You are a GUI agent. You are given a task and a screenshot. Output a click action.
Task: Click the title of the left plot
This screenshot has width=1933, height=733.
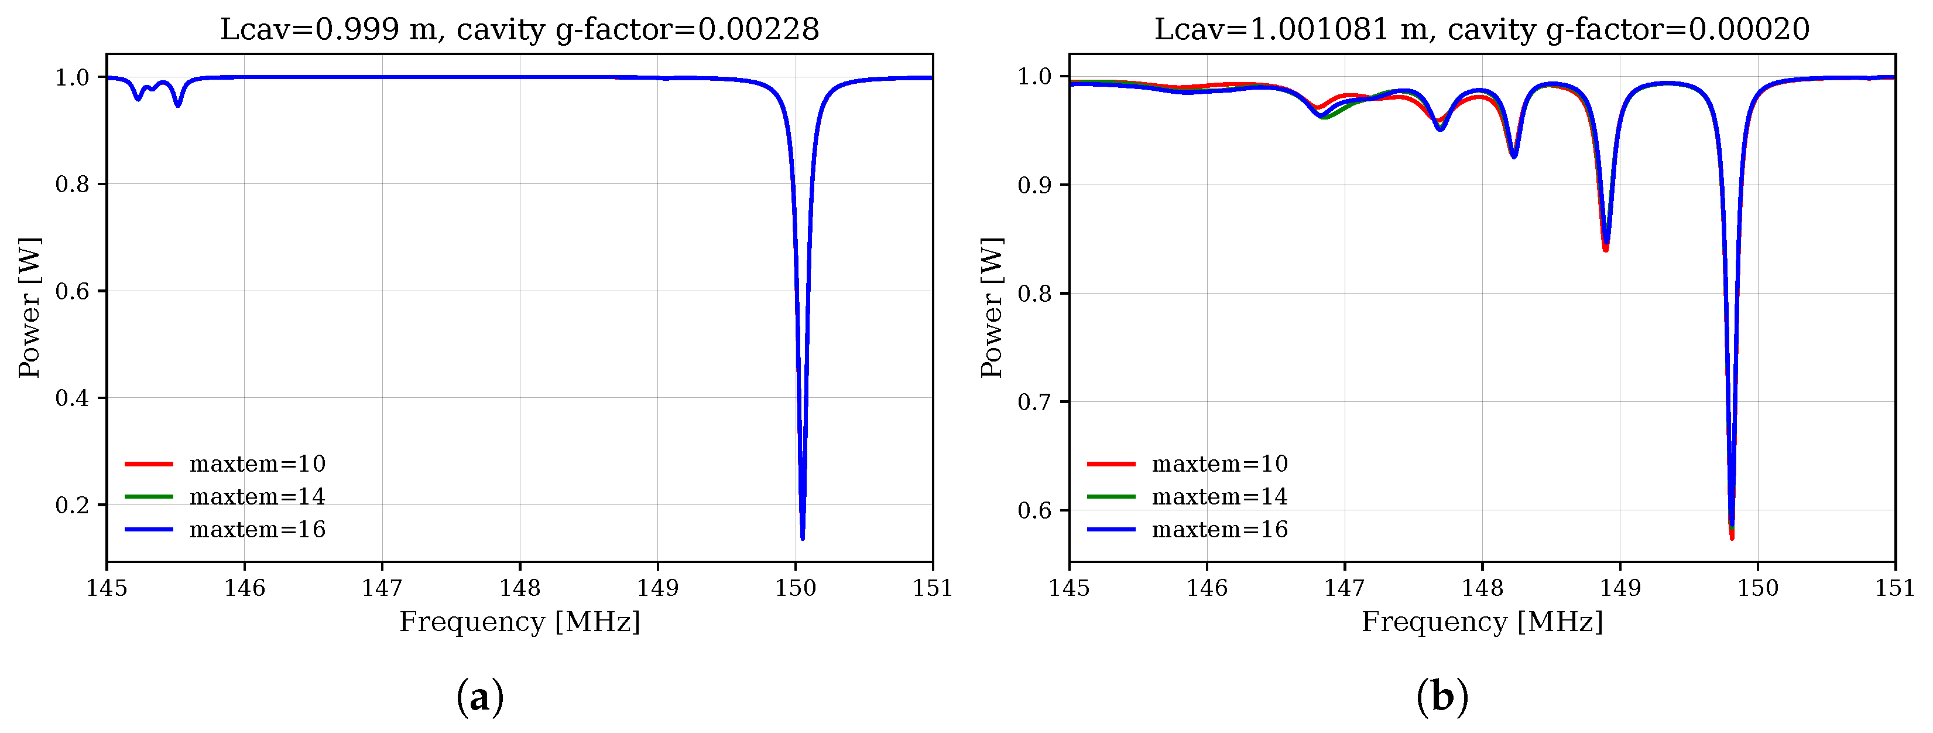pyautogui.click(x=519, y=30)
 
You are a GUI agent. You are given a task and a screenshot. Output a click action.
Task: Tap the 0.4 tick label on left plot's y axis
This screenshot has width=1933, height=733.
pyautogui.click(x=72, y=398)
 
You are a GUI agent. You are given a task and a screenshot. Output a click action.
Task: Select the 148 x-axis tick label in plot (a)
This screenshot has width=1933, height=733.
pyautogui.click(x=520, y=588)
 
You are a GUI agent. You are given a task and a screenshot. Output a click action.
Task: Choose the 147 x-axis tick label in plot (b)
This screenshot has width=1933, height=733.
pyautogui.click(x=1344, y=588)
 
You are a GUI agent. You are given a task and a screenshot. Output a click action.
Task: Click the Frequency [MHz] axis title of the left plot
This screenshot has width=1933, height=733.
pyautogui.click(x=519, y=622)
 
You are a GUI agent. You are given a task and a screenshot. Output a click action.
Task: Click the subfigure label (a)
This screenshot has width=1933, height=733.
pyautogui.click(x=479, y=697)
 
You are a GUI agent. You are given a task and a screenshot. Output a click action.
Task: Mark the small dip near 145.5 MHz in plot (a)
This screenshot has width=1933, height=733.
pyautogui.click(x=178, y=105)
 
